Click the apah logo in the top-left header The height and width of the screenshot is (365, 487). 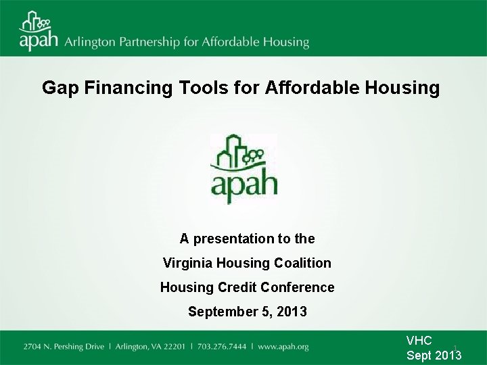click(x=39, y=31)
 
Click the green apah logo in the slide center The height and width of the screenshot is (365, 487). click(x=243, y=169)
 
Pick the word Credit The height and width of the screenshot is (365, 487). click(x=235, y=287)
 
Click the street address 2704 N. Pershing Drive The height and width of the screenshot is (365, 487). click(x=64, y=347)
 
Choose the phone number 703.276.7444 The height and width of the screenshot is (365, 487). click(x=229, y=347)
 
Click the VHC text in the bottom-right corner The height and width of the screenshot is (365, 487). click(x=419, y=341)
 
